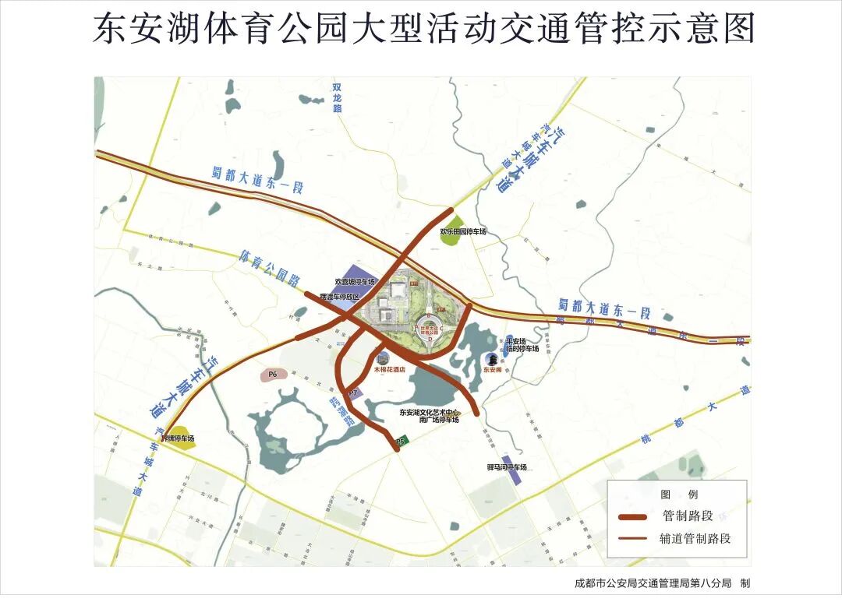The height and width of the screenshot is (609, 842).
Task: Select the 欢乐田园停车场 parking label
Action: coord(462,232)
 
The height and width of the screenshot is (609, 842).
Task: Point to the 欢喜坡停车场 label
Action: coord(355,281)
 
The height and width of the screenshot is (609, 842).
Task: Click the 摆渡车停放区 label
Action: coord(340,297)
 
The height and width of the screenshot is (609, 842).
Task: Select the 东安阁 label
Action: coord(493,371)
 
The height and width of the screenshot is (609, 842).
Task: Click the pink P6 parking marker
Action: coord(273,375)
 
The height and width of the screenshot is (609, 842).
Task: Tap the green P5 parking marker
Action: coord(401,442)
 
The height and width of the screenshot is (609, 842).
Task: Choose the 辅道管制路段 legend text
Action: coord(695,538)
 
